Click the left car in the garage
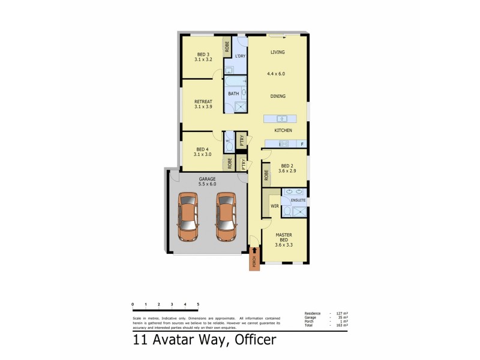point(188,217)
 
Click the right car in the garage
point(226,217)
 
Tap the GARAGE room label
point(208,179)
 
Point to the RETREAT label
point(204,102)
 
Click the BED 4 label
point(202,149)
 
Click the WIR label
point(275,206)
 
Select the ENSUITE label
point(298,200)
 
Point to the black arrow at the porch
point(254,251)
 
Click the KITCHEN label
point(283,130)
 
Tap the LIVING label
point(277,52)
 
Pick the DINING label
point(277,96)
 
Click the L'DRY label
point(240,56)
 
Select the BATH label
point(233,93)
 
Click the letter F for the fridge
point(302,144)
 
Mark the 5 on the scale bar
point(198,305)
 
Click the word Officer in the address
point(250,340)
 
